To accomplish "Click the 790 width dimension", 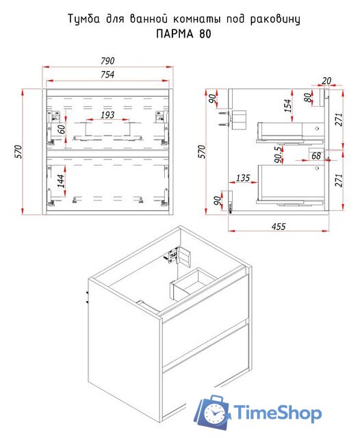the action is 108,61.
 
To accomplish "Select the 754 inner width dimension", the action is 108,75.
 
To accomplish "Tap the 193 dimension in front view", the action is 107,115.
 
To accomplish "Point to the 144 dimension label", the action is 61,181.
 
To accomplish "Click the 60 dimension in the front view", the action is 61,129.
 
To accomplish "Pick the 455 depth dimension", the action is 279,227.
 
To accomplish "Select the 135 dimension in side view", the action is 243,178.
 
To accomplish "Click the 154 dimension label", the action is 287,105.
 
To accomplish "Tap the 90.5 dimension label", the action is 279,155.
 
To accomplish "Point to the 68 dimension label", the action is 316,156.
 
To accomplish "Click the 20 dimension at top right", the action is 326,81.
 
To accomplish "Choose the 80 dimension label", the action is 308,98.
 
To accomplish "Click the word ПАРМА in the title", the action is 175,34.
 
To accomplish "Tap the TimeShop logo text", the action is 278,413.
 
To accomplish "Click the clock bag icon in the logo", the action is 214,412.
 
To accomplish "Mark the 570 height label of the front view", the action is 18,152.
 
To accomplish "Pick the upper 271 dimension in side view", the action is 339,120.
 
